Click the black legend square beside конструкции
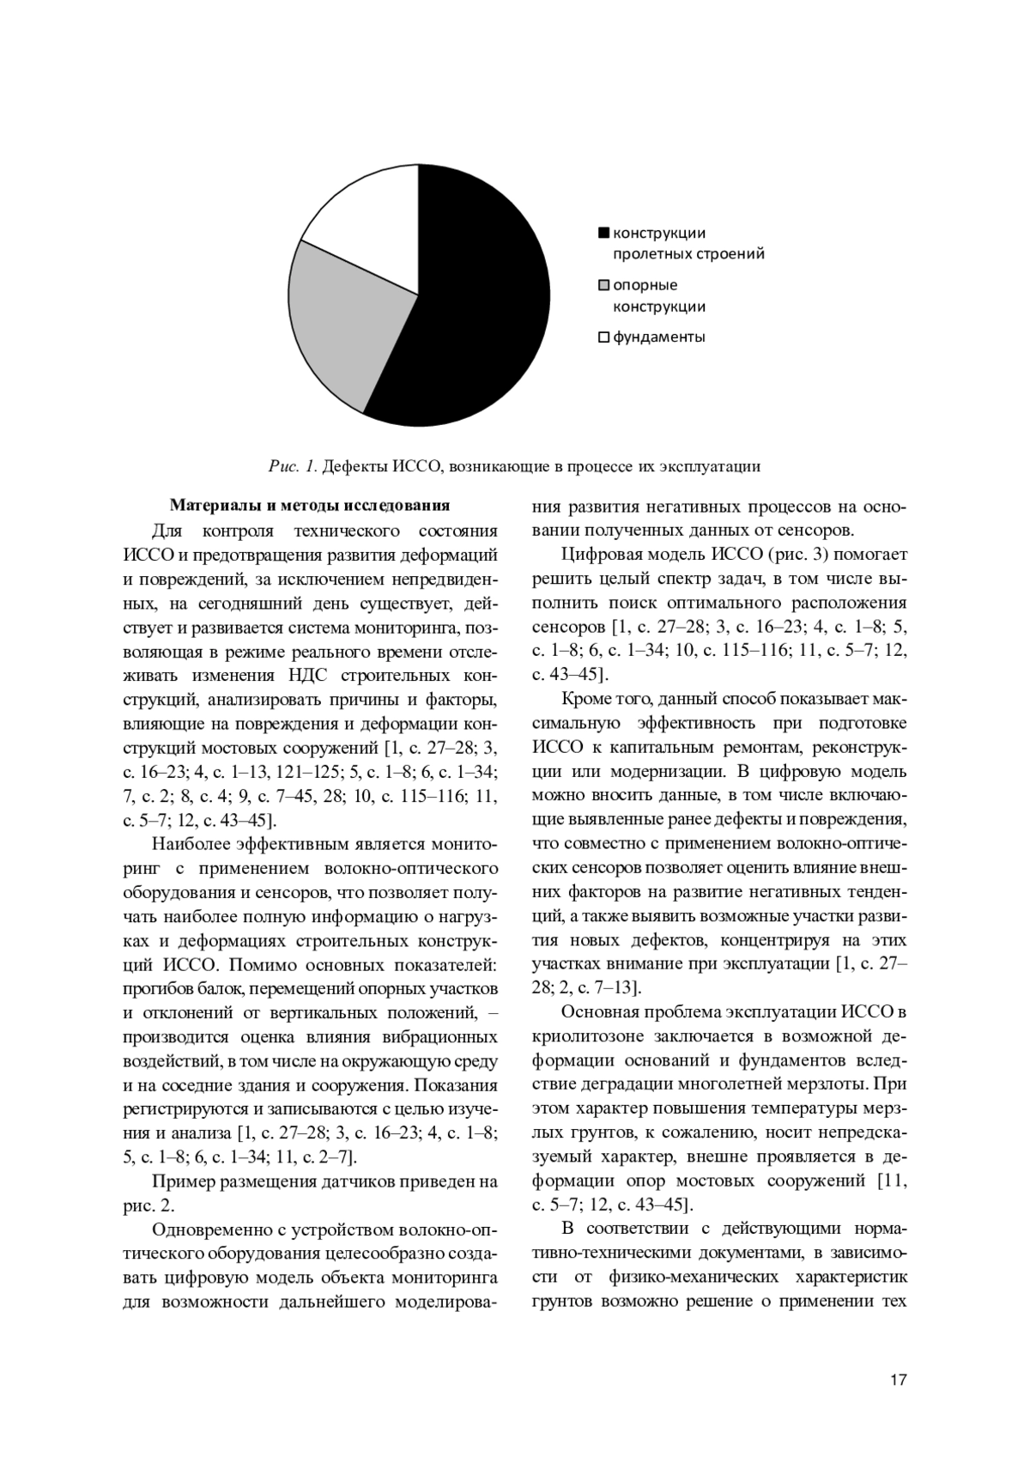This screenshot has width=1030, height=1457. pyautogui.click(x=603, y=233)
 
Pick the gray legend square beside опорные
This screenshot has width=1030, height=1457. pyautogui.click(x=603, y=285)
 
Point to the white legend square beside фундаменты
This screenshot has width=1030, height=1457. pyautogui.click(x=603, y=337)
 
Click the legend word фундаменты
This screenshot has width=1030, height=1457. pyautogui.click(x=658, y=337)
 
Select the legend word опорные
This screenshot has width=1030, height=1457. pyautogui.click(x=645, y=285)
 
